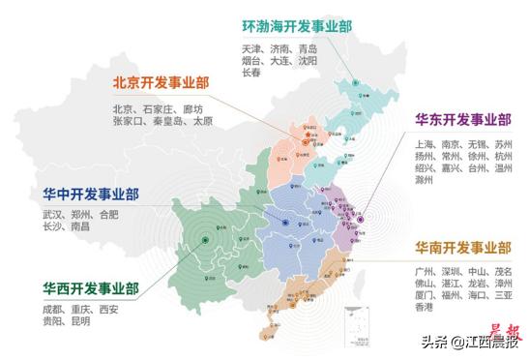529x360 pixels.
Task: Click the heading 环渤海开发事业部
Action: (x=296, y=27)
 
